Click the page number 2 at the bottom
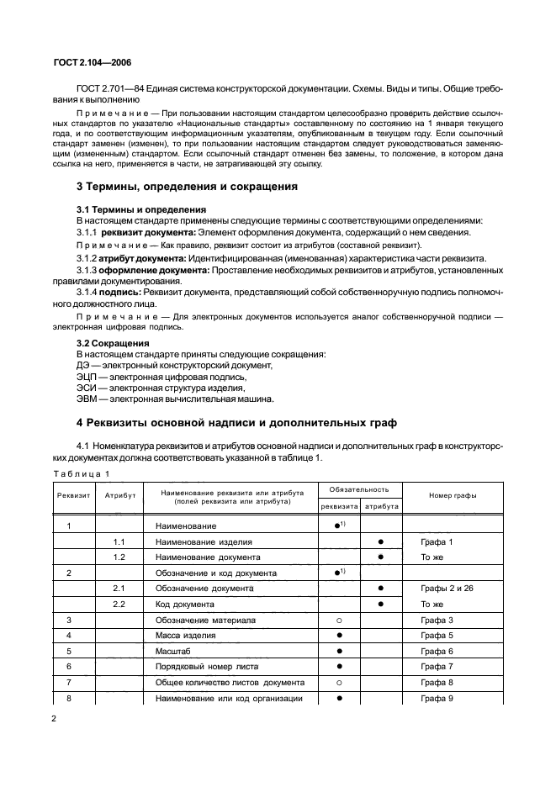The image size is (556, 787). pos(54,720)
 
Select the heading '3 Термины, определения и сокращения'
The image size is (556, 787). pos(186,186)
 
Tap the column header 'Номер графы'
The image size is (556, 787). pos(453,495)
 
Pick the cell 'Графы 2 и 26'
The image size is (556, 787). pos(447,588)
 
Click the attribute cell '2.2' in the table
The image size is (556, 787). pos(119,604)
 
